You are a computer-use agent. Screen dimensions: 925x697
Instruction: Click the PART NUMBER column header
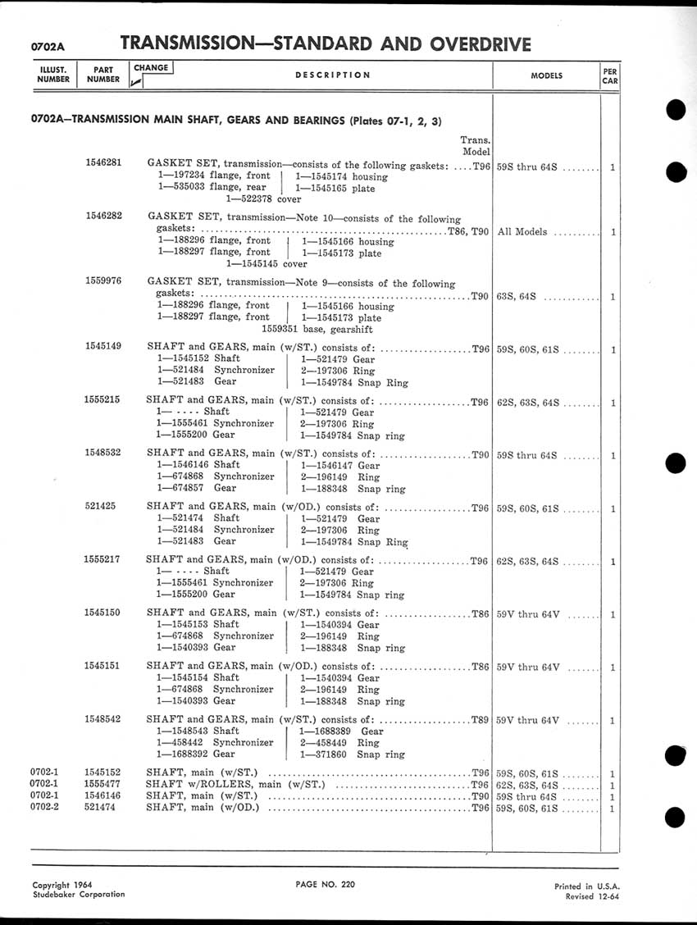103,75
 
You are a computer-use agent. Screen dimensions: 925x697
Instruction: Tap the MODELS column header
546,75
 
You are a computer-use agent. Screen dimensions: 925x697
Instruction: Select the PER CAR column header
609,75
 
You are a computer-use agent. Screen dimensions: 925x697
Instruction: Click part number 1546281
103,162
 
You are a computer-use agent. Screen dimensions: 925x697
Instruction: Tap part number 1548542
103,719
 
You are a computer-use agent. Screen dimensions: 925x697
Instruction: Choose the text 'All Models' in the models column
522,232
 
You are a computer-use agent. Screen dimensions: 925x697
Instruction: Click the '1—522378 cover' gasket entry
263,198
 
